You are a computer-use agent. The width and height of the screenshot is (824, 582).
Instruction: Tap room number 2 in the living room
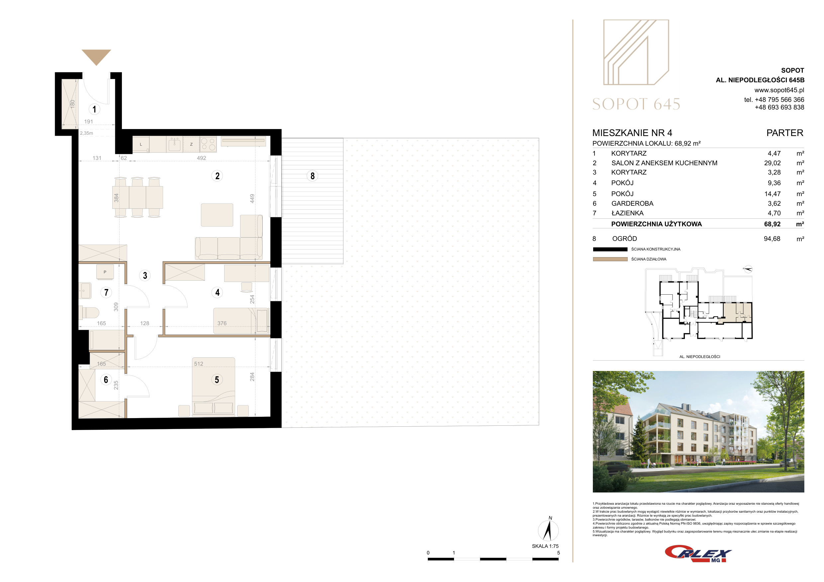tap(217, 176)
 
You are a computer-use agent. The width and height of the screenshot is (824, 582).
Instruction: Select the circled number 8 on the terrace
tap(313, 176)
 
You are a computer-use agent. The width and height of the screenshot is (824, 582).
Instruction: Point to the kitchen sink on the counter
tap(174, 145)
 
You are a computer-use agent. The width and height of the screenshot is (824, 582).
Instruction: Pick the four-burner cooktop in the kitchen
tap(208, 144)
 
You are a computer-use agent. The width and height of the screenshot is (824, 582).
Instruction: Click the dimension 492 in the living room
tap(201, 158)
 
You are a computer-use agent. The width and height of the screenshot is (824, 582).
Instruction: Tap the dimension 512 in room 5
tap(199, 364)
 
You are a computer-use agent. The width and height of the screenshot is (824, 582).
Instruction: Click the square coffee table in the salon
tap(217, 215)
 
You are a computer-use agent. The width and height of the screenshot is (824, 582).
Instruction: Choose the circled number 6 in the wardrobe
tap(106, 379)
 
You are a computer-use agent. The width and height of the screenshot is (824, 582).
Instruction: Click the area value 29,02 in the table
tap(772, 163)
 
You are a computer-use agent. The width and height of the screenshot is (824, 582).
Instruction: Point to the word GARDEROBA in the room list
tap(632, 203)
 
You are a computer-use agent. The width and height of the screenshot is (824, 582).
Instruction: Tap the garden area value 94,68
tap(772, 239)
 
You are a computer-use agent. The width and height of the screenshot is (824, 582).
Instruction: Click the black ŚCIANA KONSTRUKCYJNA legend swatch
tap(610, 249)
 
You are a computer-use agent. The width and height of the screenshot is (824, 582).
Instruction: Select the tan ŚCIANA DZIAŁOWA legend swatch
tap(610, 259)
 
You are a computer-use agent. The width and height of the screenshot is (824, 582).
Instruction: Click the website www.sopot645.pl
tap(779, 90)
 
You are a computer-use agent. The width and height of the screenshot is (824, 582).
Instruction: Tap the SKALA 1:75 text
tap(545, 546)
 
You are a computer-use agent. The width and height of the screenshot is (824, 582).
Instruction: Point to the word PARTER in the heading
tap(785, 133)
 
